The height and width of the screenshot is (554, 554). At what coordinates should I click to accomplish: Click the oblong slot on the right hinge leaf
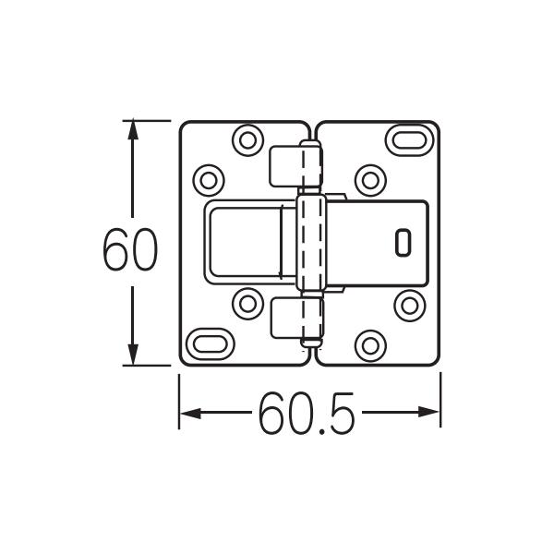point(408,140)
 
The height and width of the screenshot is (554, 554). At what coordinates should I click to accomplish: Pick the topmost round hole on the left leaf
point(247,140)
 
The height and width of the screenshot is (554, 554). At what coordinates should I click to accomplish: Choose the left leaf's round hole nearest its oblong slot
point(247,304)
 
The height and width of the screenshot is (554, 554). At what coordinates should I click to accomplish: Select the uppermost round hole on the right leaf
point(370,178)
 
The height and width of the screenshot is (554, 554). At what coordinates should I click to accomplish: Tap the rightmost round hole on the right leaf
point(408,304)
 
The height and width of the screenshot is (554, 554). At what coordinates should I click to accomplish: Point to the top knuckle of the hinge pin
point(312,166)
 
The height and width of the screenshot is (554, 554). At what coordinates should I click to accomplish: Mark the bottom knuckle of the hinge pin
point(312,321)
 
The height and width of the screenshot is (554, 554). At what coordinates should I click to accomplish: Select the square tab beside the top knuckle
point(284,166)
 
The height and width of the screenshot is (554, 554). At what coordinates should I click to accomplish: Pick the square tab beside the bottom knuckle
point(284,319)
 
